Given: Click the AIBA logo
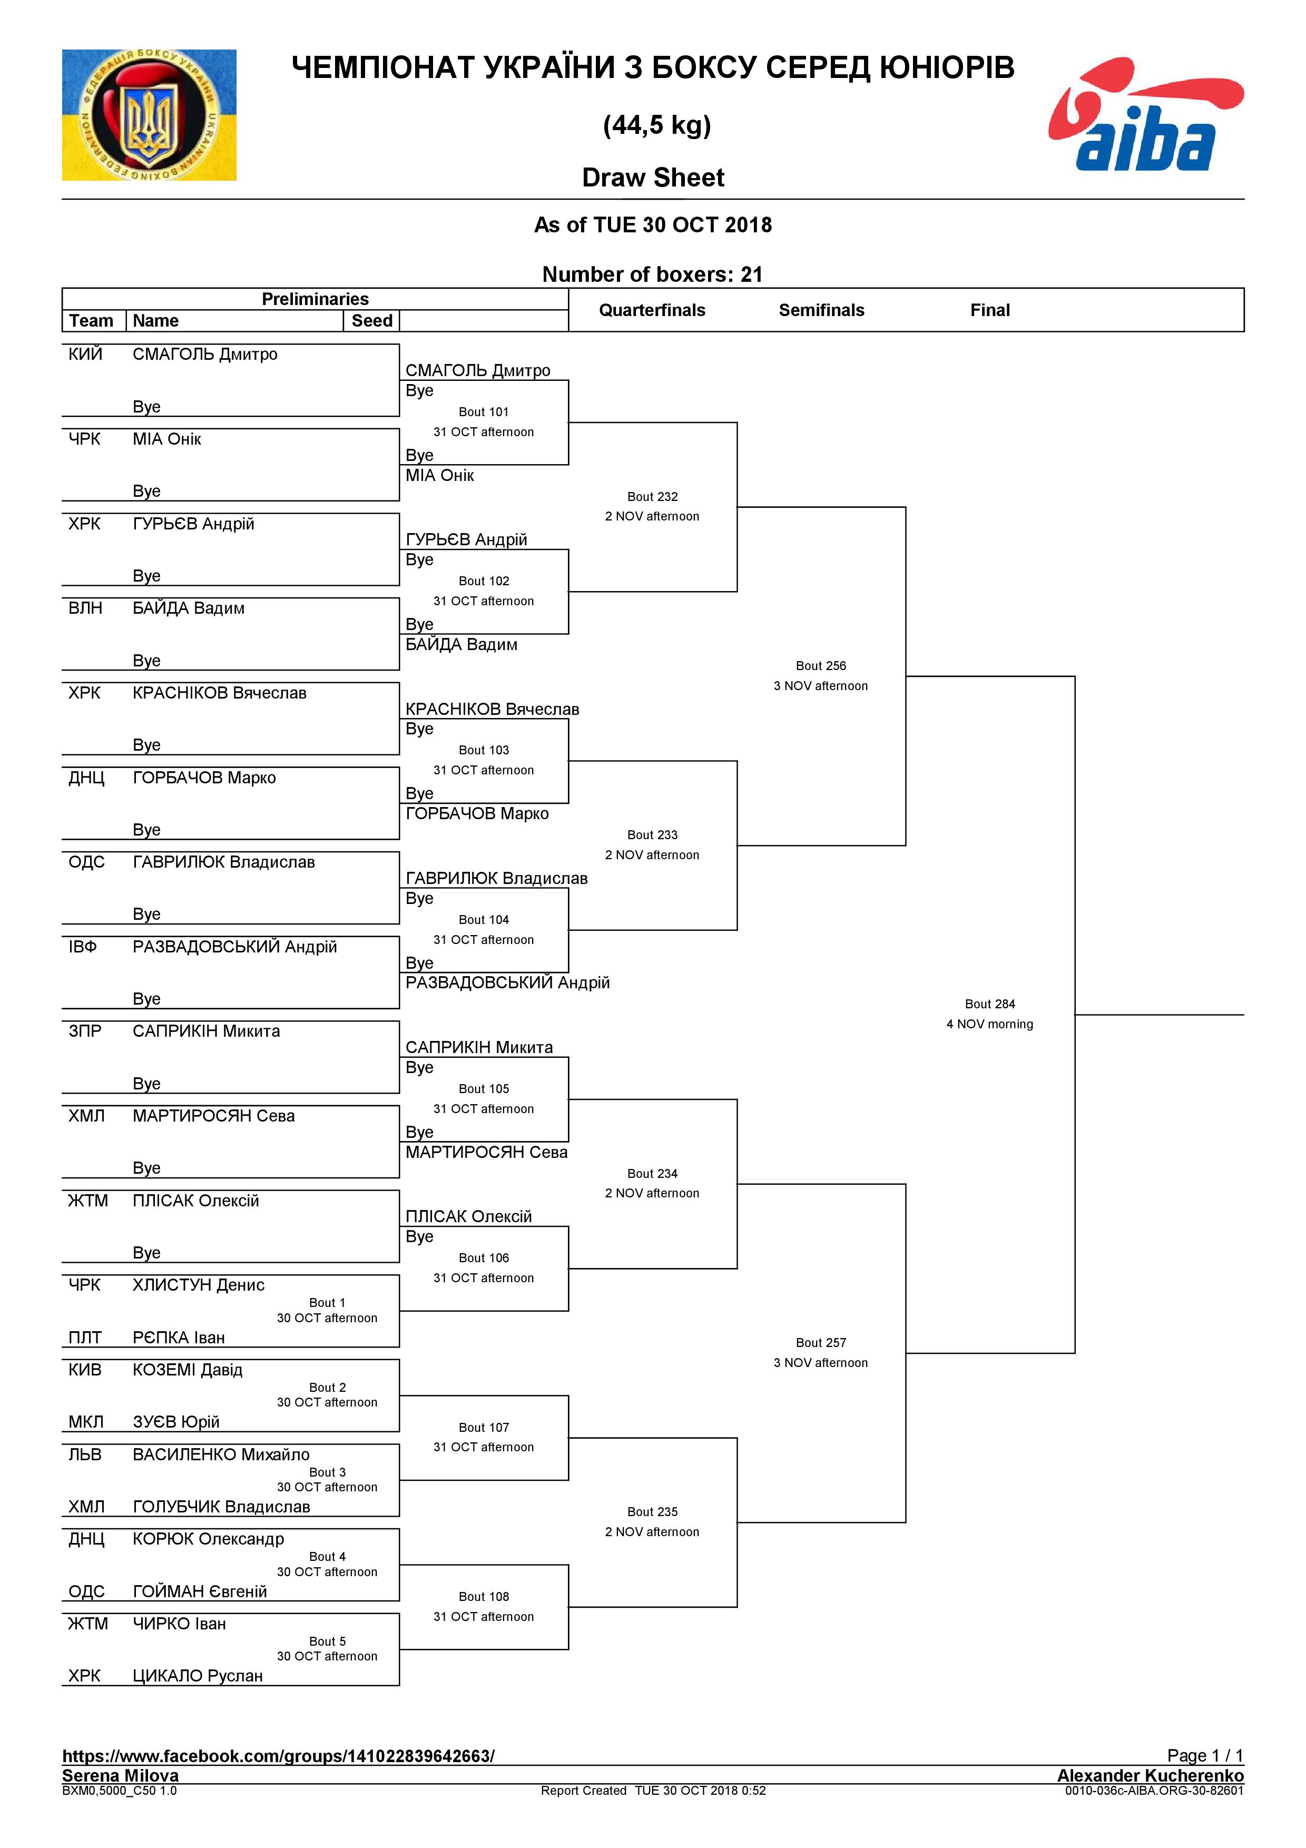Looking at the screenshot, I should pos(1145,114).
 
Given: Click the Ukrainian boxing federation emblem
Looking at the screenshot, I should pos(149,115).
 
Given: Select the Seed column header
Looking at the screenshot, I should pos(372,320).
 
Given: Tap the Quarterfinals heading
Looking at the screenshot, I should pos(652,310).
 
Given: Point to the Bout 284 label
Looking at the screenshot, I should pos(990,1004).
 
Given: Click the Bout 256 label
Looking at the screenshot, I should pos(821,666).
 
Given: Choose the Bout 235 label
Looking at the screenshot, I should pos(653,1511).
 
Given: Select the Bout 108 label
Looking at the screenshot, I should pos(484,1596).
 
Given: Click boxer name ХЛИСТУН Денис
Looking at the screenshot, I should pos(199,1284).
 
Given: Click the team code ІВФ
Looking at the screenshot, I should pos(83,947).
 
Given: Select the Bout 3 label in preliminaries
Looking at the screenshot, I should pos(328,1471).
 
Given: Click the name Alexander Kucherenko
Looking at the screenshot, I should pos(1150,1775).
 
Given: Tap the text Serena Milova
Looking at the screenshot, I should pos(121,1775).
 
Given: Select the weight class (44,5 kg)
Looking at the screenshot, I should pos(656,125).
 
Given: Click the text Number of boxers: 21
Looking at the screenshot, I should pos(653,274).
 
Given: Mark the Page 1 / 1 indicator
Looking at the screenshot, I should pos(1205,1755).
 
